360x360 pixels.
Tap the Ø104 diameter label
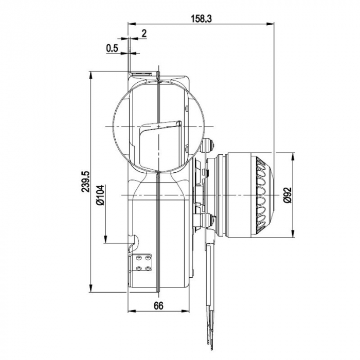coord(100,195)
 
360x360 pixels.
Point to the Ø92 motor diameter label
coord(289,195)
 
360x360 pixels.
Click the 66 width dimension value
coord(158,305)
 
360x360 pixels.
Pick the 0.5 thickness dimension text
coord(112,48)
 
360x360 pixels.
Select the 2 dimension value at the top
coord(143,33)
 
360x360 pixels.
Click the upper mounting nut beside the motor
coord(209,146)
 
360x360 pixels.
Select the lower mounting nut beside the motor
coord(209,220)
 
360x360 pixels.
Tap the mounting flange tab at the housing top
coord(142,74)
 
